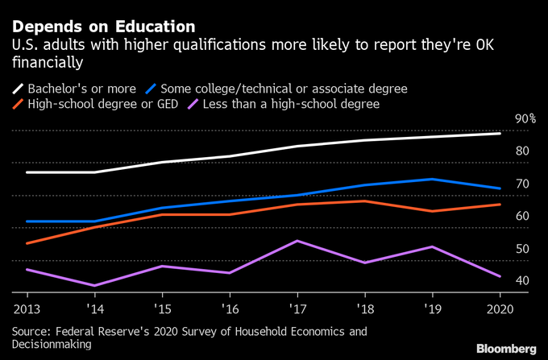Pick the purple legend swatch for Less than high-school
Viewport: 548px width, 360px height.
[x=194, y=103]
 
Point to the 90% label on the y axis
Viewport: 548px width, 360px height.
[x=525, y=118]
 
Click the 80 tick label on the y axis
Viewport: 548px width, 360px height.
[x=521, y=151]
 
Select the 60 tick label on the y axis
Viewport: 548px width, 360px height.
[x=521, y=216]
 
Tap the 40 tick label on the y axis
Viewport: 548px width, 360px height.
[x=521, y=280]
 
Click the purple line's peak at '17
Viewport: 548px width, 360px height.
[x=297, y=241]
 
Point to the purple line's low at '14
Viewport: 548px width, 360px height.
[x=94, y=285]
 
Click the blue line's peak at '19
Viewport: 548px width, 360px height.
[x=433, y=179]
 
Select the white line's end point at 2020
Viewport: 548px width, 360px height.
[x=500, y=134]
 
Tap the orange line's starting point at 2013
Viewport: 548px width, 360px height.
[x=27, y=243]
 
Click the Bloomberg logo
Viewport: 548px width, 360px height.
[x=505, y=348]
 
